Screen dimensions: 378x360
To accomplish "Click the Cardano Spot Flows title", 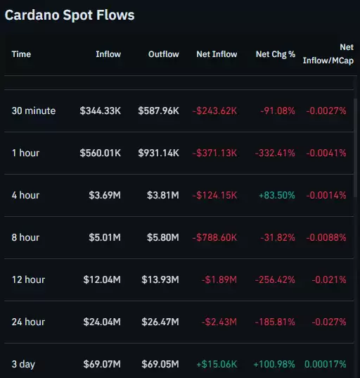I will coord(70,14).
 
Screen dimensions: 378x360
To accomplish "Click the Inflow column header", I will coord(108,54).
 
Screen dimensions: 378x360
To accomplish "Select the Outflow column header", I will coord(163,54).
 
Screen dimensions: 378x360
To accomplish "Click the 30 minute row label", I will coord(33,111).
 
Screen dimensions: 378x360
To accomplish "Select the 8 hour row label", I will coord(25,237).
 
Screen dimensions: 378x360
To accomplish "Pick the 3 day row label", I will coord(23,364).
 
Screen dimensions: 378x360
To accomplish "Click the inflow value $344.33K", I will coord(100,111).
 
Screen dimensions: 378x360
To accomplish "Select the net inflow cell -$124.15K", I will coord(214,195).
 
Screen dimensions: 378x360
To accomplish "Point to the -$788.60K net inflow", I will coord(214,237).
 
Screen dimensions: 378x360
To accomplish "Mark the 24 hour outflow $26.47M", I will coord(161,322).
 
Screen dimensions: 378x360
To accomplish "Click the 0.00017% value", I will coord(326,364).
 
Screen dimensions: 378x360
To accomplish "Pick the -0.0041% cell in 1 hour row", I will coord(326,153).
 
